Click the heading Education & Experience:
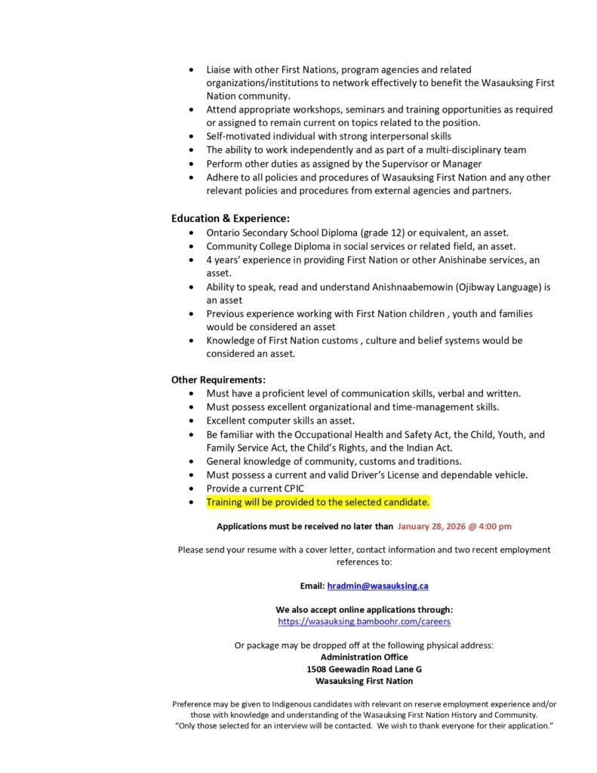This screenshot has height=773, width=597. pos(230,219)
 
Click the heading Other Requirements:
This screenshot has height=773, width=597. pos(218,380)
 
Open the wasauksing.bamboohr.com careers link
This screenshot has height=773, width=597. pos(364,621)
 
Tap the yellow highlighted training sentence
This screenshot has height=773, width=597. pos(318,502)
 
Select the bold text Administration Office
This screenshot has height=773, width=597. pos(364,657)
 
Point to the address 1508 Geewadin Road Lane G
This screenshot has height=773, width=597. pos(364,669)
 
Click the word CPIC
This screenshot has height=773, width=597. pos(291,488)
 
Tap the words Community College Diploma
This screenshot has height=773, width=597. pos(266,246)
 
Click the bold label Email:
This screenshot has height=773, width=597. pos(312,586)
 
